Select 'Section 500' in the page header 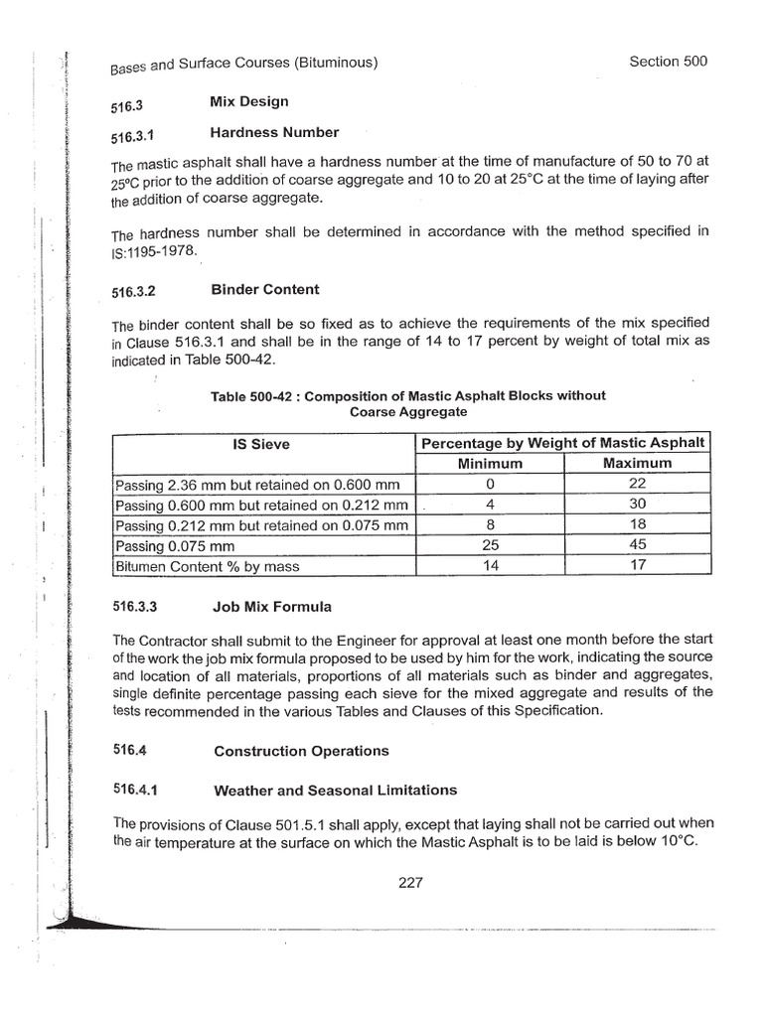pyautogui.click(x=669, y=62)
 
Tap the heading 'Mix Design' pyautogui.click(x=248, y=100)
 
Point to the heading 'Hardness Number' pyautogui.click(x=274, y=132)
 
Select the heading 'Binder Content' pyautogui.click(x=264, y=289)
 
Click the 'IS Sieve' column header pyautogui.click(x=259, y=444)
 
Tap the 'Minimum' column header pyautogui.click(x=490, y=463)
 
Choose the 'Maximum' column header pyautogui.click(x=637, y=463)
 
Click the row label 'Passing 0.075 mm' pyautogui.click(x=173, y=545)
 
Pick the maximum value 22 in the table pyautogui.click(x=637, y=484)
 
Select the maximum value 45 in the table pyautogui.click(x=637, y=544)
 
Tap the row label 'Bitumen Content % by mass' pyautogui.click(x=207, y=566)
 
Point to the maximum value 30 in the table pyautogui.click(x=637, y=504)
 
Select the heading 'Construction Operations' pyautogui.click(x=301, y=751)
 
